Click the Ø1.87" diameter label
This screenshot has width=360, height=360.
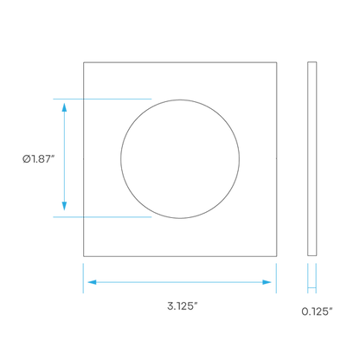click(x=39, y=158)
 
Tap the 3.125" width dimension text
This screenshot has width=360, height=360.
click(x=183, y=305)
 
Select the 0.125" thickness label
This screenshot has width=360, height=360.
click(x=317, y=312)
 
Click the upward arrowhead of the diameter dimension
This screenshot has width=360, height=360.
click(x=64, y=107)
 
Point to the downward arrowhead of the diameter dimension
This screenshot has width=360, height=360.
click(x=64, y=206)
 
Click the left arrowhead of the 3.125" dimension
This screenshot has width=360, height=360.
click(x=92, y=282)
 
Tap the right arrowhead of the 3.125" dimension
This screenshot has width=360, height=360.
click(x=267, y=282)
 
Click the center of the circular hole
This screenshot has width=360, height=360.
click(x=180, y=159)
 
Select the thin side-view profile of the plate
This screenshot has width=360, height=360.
click(x=312, y=158)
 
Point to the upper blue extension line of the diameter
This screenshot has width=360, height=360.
click(x=102, y=99)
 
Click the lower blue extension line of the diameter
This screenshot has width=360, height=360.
click(x=102, y=216)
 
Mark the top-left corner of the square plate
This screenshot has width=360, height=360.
click(x=84, y=62)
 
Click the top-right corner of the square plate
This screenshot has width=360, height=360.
click(x=277, y=62)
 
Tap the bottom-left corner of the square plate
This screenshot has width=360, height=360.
click(x=84, y=256)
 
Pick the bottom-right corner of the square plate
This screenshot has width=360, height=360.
click(x=277, y=256)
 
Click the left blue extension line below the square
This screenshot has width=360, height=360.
click(x=83, y=278)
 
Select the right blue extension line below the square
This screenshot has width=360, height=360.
click(x=276, y=278)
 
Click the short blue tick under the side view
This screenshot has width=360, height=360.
click(x=312, y=287)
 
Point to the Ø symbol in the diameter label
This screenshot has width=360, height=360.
click(x=27, y=159)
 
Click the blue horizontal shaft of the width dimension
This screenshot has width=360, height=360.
click(x=179, y=282)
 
